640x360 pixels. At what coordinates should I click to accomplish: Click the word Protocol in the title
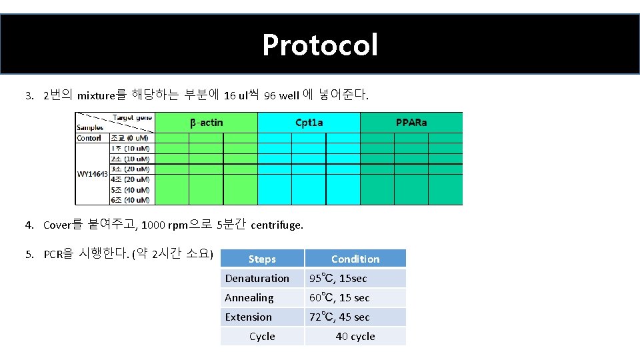[320, 45]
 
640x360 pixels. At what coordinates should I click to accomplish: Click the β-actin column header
[206, 122]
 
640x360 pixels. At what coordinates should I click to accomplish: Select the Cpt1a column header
[309, 122]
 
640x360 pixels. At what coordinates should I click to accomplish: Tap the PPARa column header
[411, 122]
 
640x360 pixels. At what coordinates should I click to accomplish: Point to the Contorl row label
[89, 138]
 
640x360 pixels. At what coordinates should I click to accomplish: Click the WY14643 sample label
[92, 174]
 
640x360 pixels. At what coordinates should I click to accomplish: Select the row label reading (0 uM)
[131, 138]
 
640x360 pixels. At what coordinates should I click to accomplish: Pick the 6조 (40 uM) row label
[131, 199]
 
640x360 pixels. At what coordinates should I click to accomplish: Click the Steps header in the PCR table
[262, 259]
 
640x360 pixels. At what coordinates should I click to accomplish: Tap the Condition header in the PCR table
[355, 259]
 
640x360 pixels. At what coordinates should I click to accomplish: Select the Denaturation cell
[257, 278]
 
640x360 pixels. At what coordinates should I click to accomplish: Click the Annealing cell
[249, 297]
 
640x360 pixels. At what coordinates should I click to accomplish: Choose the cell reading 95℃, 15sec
[337, 278]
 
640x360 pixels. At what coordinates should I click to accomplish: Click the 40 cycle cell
[355, 336]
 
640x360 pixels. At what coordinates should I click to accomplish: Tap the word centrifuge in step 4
[277, 225]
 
